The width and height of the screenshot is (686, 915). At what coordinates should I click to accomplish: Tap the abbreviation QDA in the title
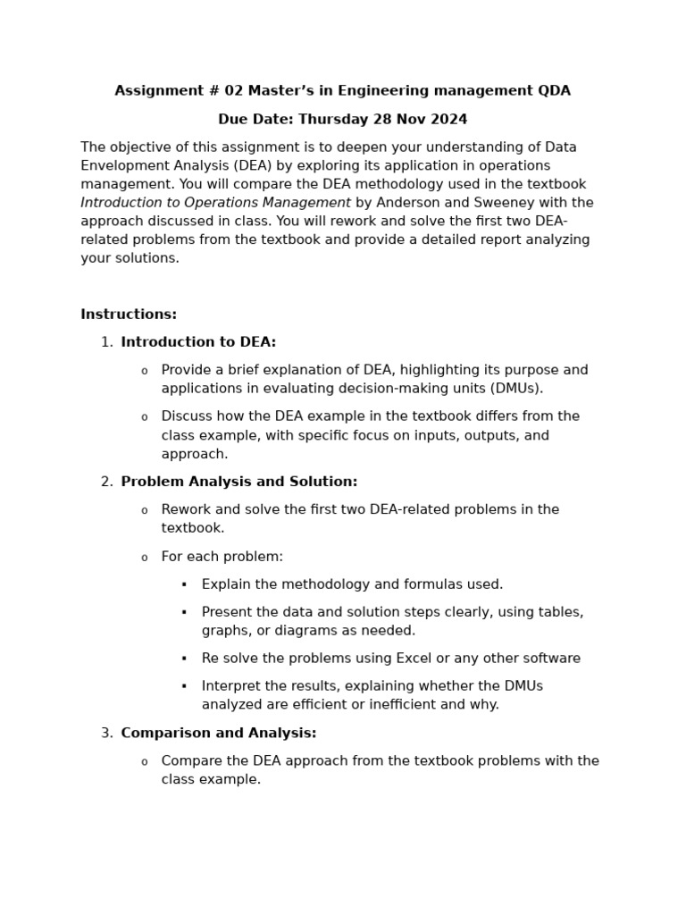(554, 91)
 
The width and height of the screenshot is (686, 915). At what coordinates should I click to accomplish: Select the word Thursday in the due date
(330, 120)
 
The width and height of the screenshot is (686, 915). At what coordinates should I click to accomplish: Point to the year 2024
(448, 120)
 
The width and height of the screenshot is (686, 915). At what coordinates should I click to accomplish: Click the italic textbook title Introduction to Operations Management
(215, 203)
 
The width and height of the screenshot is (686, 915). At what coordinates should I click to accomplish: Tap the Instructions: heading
(129, 315)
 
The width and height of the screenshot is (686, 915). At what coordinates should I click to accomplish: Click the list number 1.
(106, 342)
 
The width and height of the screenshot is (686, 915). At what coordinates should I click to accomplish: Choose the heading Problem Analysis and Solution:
(238, 482)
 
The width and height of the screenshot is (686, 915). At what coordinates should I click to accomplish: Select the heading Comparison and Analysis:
(218, 734)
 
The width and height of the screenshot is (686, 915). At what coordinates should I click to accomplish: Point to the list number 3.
(106, 734)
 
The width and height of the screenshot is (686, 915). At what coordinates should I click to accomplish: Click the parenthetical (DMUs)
(513, 389)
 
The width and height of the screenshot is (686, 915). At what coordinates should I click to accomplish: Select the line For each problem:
(222, 557)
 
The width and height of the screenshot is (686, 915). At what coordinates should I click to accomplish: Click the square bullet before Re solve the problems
(184, 659)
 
